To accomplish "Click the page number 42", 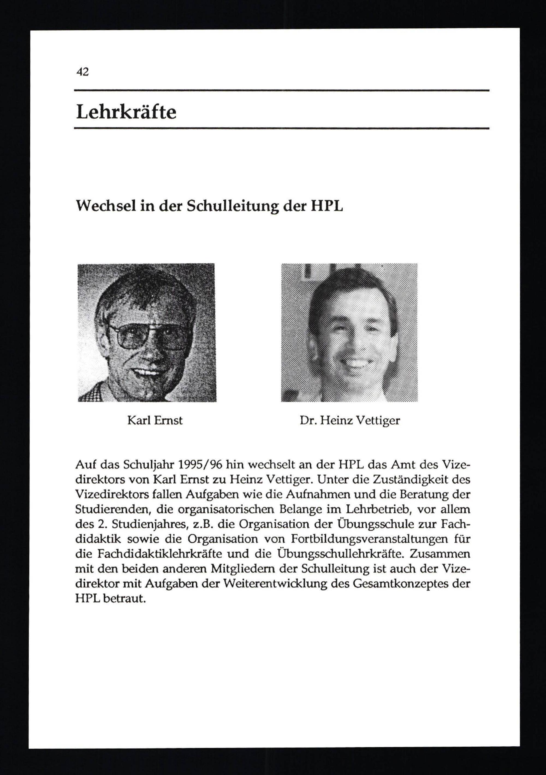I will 82,72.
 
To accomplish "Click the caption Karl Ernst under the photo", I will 155,420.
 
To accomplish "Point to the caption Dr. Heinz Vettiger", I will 350,420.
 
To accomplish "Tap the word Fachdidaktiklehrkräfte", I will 161,554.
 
